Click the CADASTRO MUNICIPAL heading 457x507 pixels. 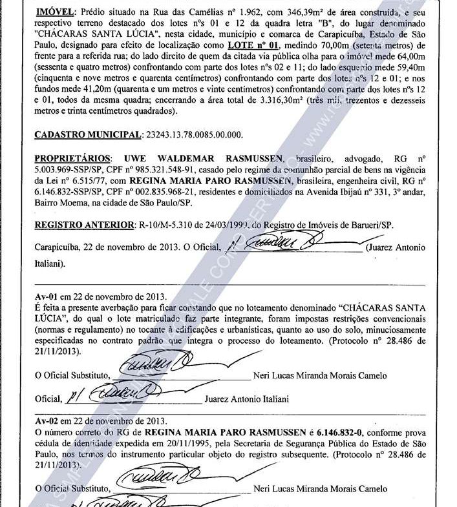[85, 134]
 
